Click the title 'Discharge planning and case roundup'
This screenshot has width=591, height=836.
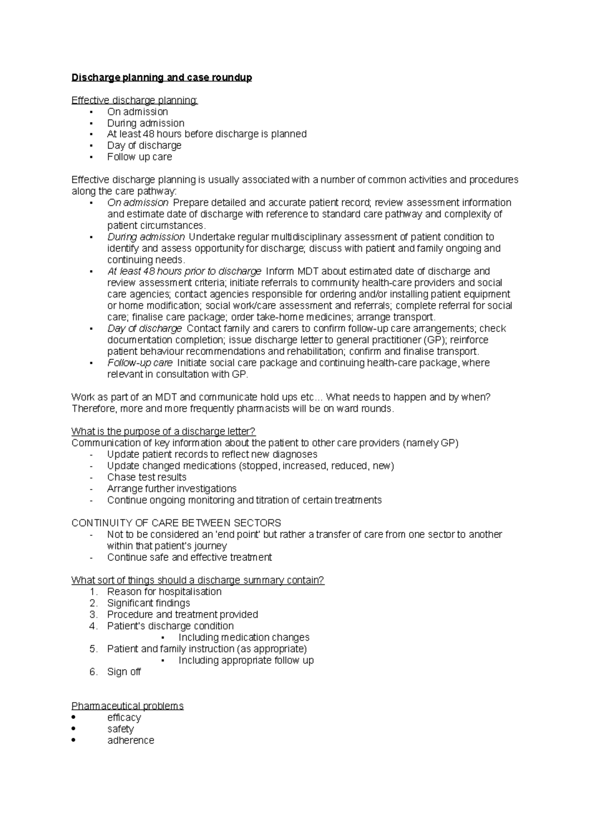click(162, 78)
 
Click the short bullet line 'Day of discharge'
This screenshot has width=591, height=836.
click(144, 146)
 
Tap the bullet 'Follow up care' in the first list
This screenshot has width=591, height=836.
click(139, 157)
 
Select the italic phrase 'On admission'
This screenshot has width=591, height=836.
click(138, 203)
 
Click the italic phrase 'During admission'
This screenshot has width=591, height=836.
click(146, 237)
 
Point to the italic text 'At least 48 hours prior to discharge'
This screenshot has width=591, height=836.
click(184, 271)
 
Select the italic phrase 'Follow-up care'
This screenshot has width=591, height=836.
click(140, 363)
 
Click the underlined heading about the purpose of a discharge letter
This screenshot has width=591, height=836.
click(164, 432)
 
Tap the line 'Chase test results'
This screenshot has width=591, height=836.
click(147, 478)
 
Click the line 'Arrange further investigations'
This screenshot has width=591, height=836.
click(172, 489)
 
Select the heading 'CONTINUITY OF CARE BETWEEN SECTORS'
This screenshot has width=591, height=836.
click(176, 523)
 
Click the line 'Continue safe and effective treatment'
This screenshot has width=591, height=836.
click(190, 557)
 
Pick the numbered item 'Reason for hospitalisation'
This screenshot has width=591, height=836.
click(164, 592)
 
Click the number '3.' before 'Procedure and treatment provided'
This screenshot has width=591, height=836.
click(94, 614)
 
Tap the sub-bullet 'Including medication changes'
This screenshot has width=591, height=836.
click(244, 638)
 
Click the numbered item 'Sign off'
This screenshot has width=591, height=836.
click(124, 672)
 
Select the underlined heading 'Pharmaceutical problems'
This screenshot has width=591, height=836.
click(128, 706)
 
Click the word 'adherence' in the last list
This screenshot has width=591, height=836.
click(131, 740)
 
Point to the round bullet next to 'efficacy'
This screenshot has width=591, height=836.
click(74, 717)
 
